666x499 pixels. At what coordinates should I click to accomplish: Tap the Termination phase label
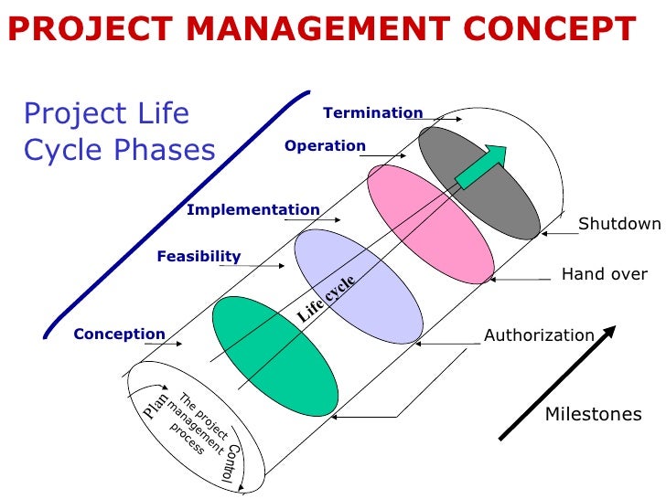click(x=372, y=113)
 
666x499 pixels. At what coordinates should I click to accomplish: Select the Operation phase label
click(x=325, y=146)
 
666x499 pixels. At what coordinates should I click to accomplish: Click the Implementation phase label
click(x=253, y=210)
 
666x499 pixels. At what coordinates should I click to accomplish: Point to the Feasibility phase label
click(x=199, y=257)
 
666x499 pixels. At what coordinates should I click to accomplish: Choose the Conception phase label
click(x=119, y=334)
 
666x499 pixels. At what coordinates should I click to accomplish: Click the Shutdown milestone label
click(x=618, y=225)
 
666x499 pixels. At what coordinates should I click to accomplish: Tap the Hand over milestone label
click(x=604, y=274)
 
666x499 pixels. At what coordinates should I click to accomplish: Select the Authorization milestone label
click(x=539, y=335)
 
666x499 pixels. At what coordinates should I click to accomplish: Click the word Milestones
click(x=593, y=414)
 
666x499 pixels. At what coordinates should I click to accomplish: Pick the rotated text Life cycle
click(x=326, y=298)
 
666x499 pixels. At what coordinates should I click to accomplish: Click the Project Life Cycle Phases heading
click(x=119, y=131)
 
